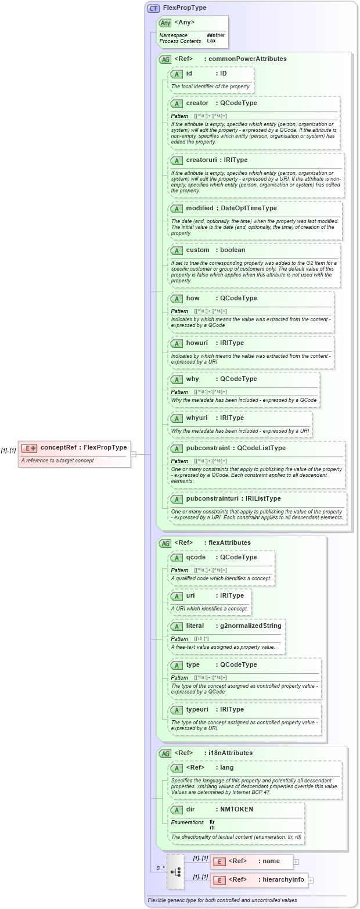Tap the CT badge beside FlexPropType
[153, 9]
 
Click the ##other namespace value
[215, 35]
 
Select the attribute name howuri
[197, 343]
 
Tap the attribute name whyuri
[197, 418]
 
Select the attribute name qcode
[197, 557]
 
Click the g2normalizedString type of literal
[250, 626]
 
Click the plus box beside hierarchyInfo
[311, 880]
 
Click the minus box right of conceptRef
[134, 454]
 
